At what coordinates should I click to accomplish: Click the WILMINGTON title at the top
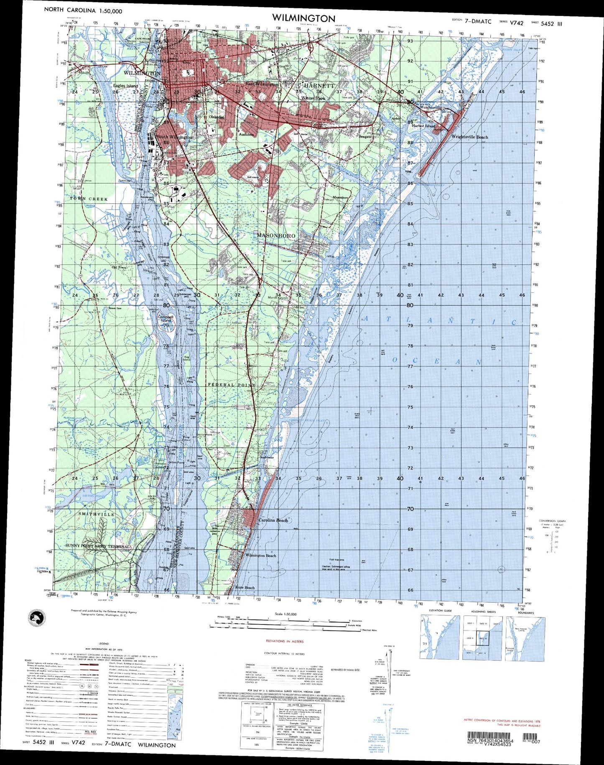coord(303,18)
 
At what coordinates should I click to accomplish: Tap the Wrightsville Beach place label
coord(469,137)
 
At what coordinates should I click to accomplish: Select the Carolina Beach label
coord(273,520)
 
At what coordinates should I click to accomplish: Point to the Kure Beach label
coord(245,588)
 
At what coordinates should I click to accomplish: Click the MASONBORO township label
coord(276,236)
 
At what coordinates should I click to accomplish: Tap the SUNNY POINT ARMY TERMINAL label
coord(97,546)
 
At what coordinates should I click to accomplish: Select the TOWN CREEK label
coord(89,199)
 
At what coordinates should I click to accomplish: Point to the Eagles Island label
coord(125,86)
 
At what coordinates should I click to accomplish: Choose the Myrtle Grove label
coord(278,298)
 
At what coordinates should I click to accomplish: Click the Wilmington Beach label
coord(260,555)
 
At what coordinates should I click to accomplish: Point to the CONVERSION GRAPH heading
coord(552,521)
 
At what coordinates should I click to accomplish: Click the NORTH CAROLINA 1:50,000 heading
coord(83,11)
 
